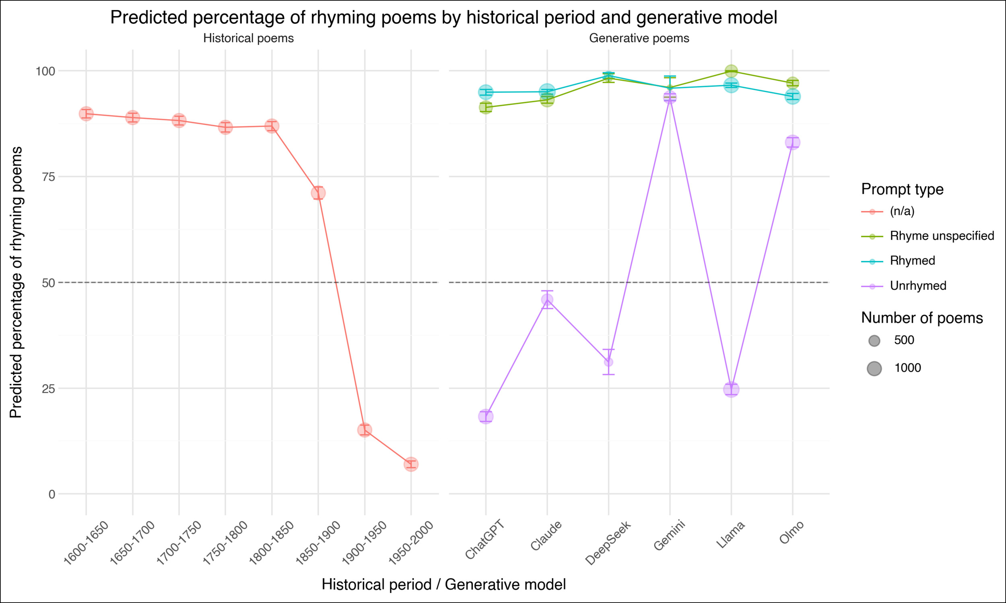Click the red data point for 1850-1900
318,193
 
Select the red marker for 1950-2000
411,464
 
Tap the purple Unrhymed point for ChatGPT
486,416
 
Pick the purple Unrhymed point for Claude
547,300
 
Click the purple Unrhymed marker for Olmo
792,143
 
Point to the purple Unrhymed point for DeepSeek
608,362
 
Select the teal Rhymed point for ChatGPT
486,92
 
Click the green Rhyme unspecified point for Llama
731,72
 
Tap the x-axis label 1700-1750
179,542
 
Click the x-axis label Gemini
670,535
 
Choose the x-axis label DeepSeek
608,542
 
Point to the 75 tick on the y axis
48,177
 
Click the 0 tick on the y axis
52,494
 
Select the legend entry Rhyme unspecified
942,236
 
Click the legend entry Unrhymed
918,286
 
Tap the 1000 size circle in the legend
874,369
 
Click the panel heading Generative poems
639,38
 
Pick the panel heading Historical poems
248,38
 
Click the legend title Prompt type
902,189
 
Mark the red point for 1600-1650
86,114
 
